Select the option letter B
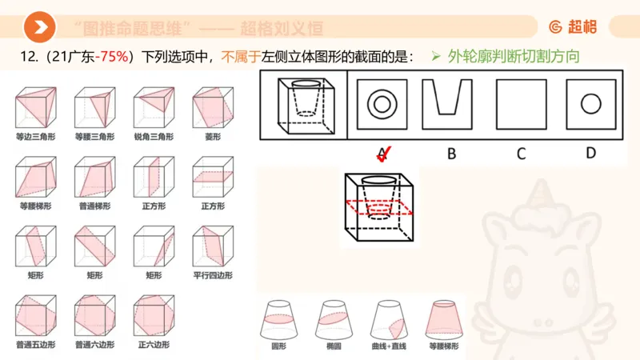pos(451,153)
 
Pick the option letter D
pos(590,152)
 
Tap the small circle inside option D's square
pos(590,103)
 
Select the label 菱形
pos(212,137)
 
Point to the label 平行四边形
pos(212,275)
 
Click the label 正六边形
pos(153,345)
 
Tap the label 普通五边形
pos(34,345)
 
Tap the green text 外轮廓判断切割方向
pos(512,58)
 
